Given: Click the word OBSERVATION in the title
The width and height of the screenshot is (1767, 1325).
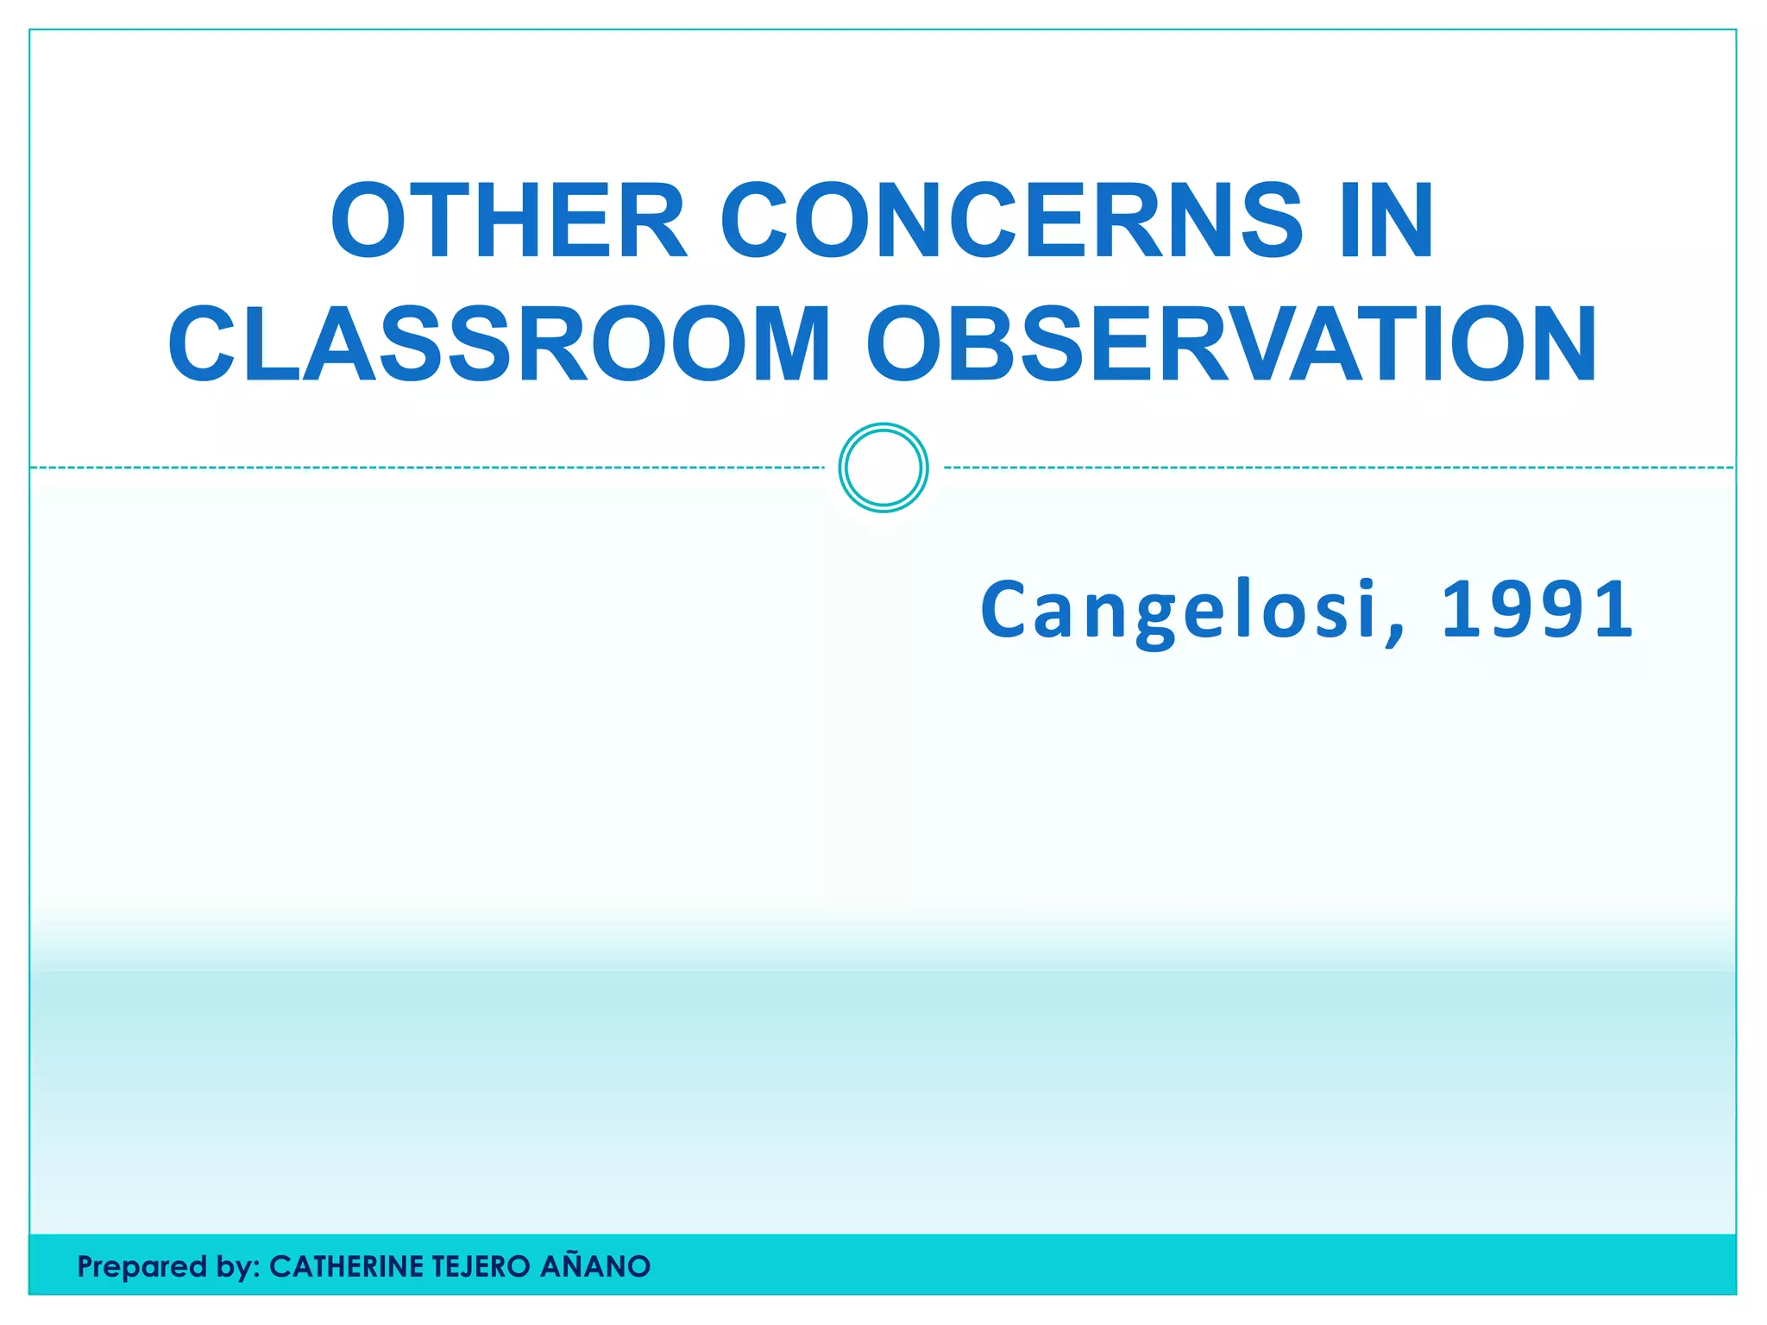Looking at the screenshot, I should point(1232,344).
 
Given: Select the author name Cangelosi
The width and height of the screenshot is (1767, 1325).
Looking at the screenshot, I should point(1179,610).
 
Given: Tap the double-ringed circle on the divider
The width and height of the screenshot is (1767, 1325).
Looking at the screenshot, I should point(883,468).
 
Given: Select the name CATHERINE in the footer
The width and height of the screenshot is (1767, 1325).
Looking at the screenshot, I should point(346,1266).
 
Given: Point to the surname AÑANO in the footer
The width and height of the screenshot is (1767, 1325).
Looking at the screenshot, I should point(595,1266).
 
